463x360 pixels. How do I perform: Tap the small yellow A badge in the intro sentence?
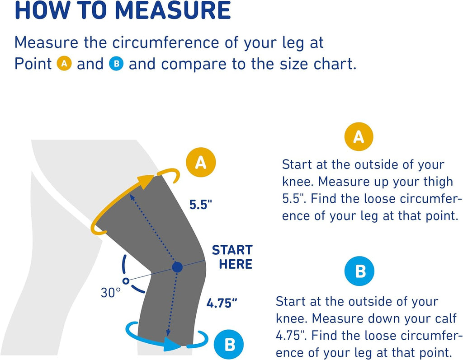(x=64, y=64)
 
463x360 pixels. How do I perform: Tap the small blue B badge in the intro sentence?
(x=116, y=64)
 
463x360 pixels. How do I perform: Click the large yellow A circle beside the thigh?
(x=200, y=162)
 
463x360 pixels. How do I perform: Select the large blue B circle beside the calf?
(x=230, y=344)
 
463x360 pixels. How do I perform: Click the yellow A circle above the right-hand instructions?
(x=359, y=136)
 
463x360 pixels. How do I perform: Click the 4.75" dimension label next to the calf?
(x=222, y=303)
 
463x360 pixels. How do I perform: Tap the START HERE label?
(x=232, y=257)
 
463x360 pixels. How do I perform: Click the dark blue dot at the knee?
(x=177, y=267)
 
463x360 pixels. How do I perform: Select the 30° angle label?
(x=111, y=292)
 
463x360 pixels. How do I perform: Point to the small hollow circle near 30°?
(x=126, y=281)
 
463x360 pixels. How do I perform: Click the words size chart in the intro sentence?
(x=323, y=64)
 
